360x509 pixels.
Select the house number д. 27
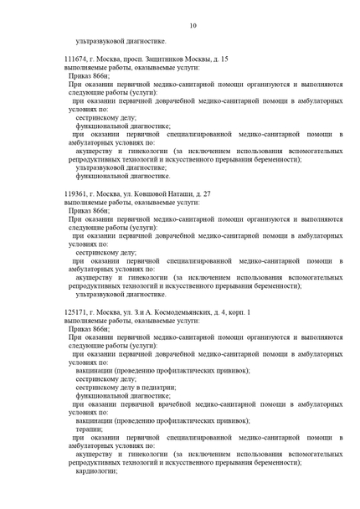tap(203, 193)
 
